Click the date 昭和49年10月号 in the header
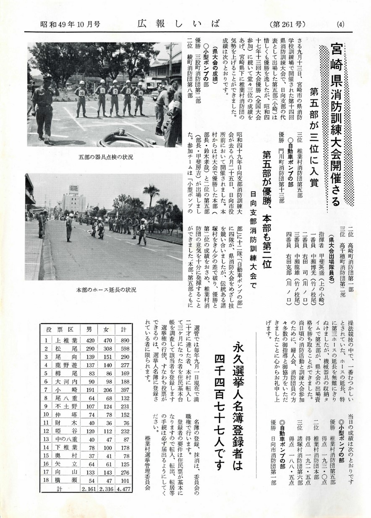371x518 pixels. [70, 24]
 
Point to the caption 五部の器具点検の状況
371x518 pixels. [105, 157]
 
